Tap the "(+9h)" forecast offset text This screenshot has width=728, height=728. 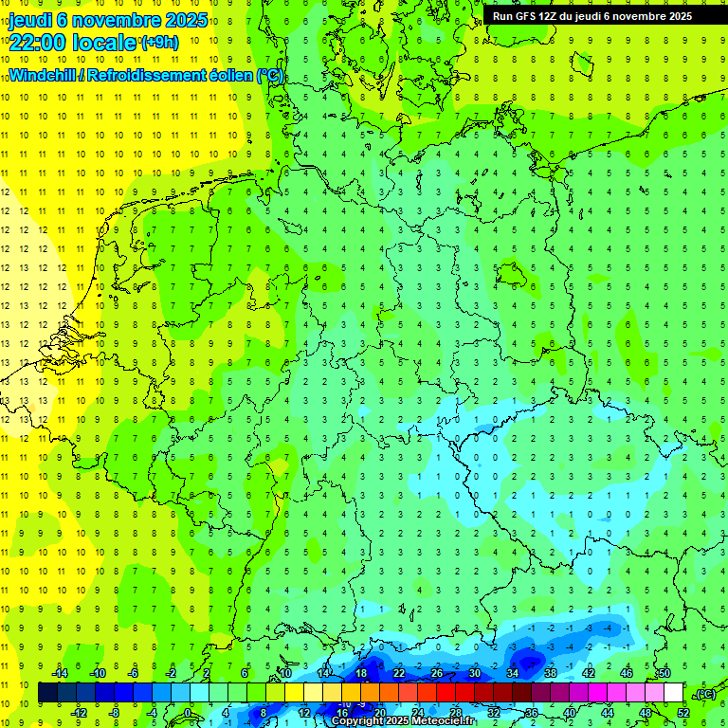pos(158,43)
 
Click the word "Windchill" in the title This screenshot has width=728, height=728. pos(44,75)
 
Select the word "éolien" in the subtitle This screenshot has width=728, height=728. pos(227,75)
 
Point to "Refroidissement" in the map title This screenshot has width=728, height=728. pos(146,75)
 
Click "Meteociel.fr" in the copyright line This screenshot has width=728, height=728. pos(444,721)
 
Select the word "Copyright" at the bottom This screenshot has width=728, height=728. pos(357,721)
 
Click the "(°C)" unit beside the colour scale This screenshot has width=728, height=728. pos(704,694)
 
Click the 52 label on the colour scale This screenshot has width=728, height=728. pos(682,713)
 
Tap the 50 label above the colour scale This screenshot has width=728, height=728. pos(664,673)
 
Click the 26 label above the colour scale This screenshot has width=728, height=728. pos(436,673)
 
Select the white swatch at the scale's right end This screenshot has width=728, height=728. pos(673,693)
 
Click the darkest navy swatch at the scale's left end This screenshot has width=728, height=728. pos(47,693)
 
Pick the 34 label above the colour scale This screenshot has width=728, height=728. pos(512,673)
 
